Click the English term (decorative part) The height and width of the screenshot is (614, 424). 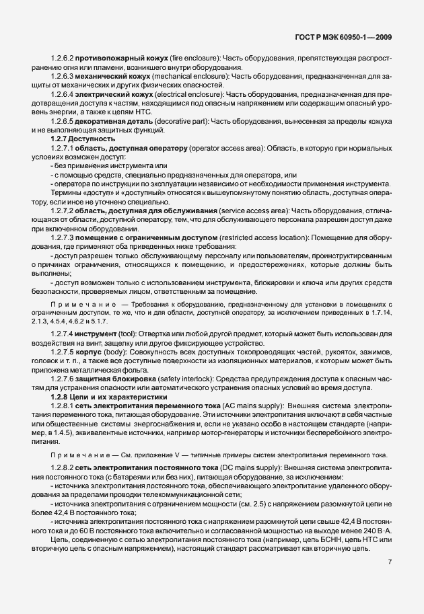point(181,121)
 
